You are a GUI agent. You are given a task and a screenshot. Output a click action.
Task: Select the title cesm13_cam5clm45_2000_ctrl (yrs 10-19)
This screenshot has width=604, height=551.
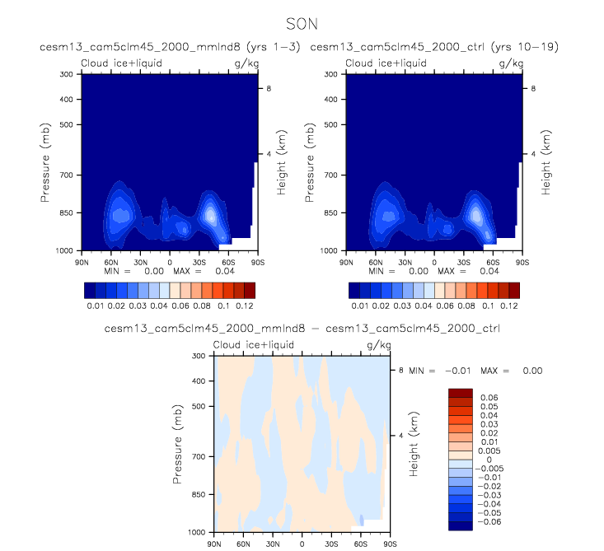434,47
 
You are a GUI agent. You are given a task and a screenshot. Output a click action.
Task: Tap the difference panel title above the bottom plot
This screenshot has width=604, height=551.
302,329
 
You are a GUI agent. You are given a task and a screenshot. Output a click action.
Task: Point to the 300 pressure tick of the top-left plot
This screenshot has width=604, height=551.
70,74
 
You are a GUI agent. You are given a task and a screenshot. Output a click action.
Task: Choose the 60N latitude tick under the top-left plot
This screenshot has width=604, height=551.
110,260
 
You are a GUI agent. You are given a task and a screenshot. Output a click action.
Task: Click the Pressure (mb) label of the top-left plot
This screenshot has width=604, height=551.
46,161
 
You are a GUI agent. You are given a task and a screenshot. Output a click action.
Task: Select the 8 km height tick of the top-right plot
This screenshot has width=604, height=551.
532,87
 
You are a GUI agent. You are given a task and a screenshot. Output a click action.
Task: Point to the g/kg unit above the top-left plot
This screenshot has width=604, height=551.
246,63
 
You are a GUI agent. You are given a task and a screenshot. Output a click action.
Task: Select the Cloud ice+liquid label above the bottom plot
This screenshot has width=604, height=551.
246,345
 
